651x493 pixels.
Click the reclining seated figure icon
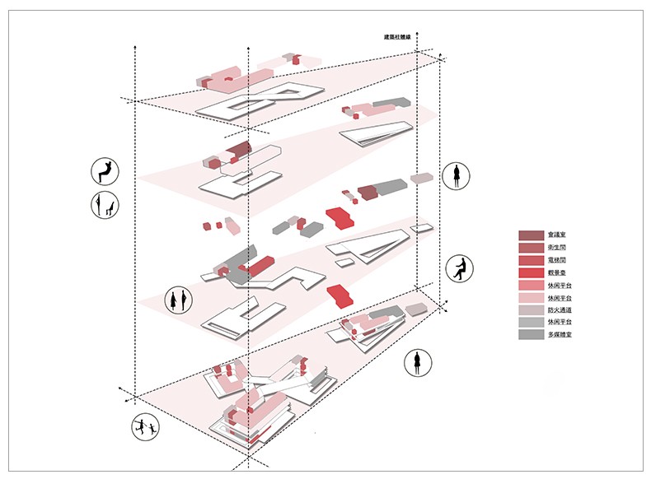point(105,171)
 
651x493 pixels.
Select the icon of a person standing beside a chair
point(105,205)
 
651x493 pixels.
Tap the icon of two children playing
point(145,426)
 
